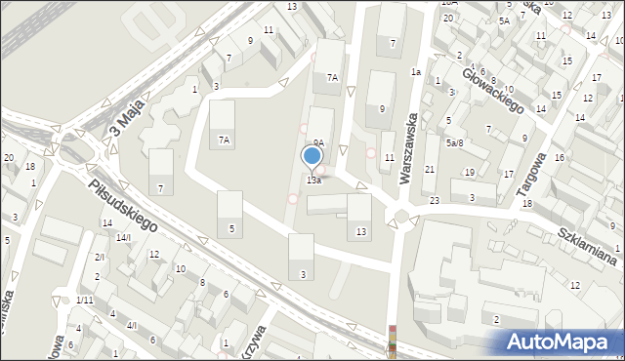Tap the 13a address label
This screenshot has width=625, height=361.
click(x=313, y=180)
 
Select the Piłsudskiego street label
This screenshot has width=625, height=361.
click(x=122, y=204)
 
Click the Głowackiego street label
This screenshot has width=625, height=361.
click(x=496, y=91)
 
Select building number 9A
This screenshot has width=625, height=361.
click(x=318, y=142)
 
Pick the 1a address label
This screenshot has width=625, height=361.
click(x=415, y=72)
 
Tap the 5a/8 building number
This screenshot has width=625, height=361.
click(x=454, y=143)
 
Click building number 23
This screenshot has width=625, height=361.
click(x=434, y=200)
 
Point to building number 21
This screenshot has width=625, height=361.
click(x=430, y=170)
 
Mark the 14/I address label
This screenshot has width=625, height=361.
click(x=123, y=237)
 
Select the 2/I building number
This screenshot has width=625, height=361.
click(x=99, y=257)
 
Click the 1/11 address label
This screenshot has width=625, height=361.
click(x=85, y=300)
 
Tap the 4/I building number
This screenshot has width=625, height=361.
click(x=132, y=326)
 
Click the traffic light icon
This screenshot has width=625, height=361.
click(x=393, y=341)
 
